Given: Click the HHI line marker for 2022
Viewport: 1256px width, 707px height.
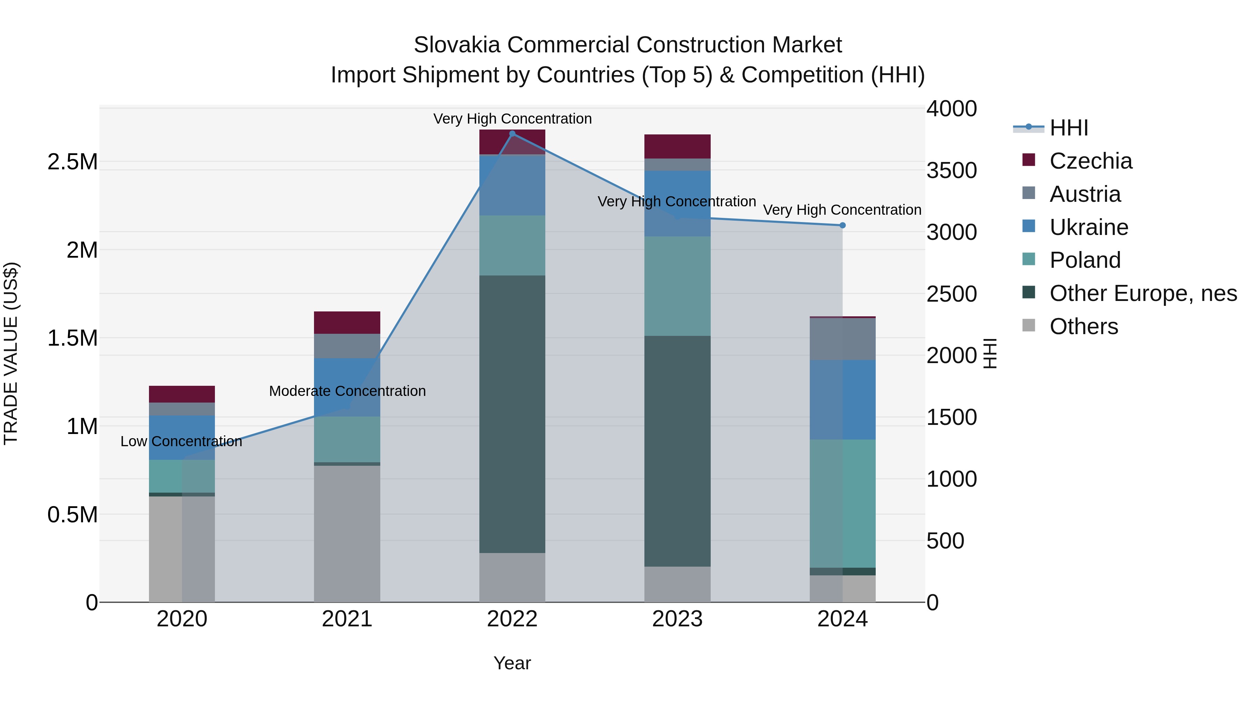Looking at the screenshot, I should [512, 134].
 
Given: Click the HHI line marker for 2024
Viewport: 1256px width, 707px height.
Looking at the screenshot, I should [842, 226].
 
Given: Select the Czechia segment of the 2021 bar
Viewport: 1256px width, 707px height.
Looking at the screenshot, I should [347, 323].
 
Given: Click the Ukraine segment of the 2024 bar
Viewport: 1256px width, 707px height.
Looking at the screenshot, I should [842, 400].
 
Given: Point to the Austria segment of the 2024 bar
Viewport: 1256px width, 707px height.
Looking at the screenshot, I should [842, 339].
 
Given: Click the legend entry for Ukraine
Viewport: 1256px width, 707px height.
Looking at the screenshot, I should [1088, 227].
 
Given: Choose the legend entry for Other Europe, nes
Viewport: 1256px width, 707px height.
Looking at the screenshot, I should [1143, 293].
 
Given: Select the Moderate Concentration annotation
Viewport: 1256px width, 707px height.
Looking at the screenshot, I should [347, 391].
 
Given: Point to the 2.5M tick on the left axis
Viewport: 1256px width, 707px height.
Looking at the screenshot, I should [73, 162].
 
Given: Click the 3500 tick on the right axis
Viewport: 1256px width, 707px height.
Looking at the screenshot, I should [951, 171].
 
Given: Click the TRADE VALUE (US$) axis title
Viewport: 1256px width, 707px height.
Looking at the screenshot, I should [11, 353].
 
